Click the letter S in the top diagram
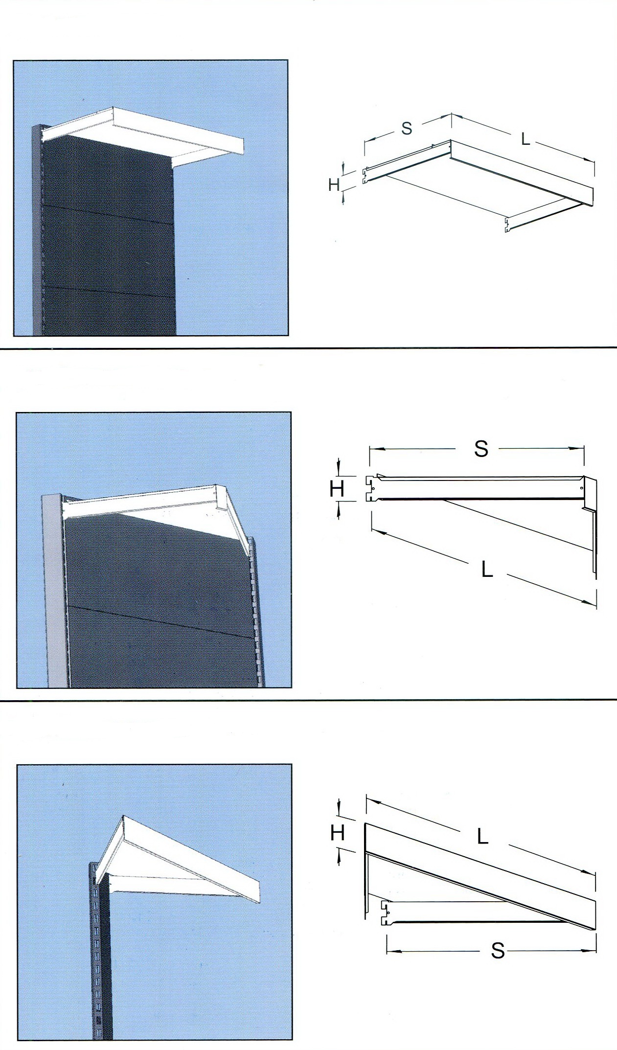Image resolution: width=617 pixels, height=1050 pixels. pyautogui.click(x=407, y=128)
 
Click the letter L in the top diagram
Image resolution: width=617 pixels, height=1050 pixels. pyautogui.click(x=526, y=139)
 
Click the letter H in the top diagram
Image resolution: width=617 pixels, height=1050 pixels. pyautogui.click(x=335, y=185)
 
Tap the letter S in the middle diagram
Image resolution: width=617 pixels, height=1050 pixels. pyautogui.click(x=481, y=449)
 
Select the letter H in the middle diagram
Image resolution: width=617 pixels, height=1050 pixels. pyautogui.click(x=337, y=489)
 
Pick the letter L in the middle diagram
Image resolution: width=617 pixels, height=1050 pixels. pyautogui.click(x=487, y=569)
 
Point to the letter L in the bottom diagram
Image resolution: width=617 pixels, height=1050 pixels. pyautogui.click(x=483, y=837)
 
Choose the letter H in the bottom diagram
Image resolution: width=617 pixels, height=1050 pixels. pyautogui.click(x=338, y=833)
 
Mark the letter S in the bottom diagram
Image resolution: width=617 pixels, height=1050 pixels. pyautogui.click(x=498, y=951)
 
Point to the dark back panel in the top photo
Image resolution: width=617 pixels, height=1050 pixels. pyautogui.click(x=108, y=235)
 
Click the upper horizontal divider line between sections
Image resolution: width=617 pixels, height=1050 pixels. pyautogui.click(x=308, y=348)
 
